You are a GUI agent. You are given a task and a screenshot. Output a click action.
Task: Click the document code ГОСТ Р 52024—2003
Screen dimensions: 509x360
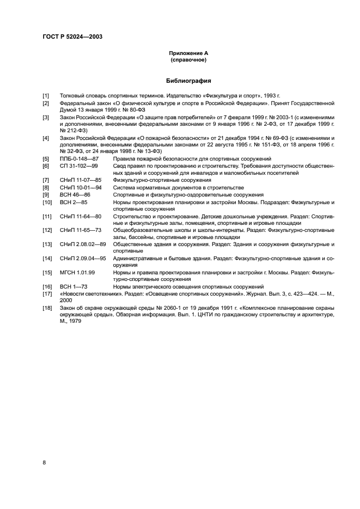pyautogui.click(x=72, y=36)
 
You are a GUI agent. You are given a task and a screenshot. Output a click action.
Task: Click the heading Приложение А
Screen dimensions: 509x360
pyautogui.click(x=189, y=53)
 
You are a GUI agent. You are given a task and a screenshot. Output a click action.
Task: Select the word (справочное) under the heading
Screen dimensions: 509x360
pyautogui.click(x=189, y=59)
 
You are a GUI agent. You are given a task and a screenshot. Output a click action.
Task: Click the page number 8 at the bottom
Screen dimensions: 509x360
pyautogui.click(x=44, y=463)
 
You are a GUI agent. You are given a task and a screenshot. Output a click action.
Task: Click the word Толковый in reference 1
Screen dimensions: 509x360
pyautogui.click(x=72, y=96)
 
